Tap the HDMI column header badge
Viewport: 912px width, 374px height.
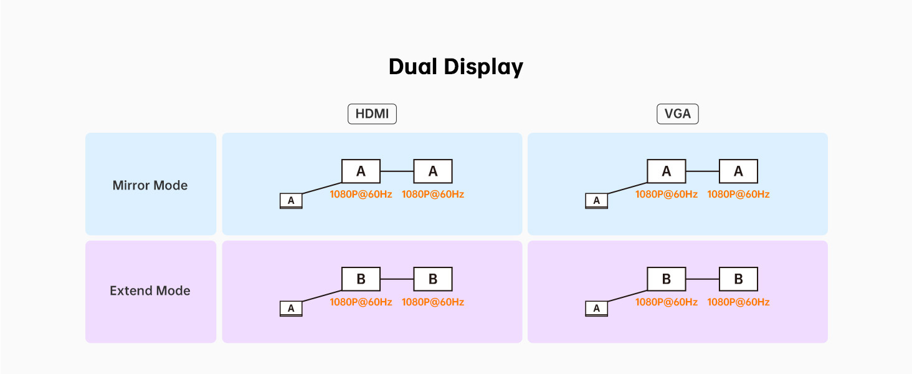(x=372, y=114)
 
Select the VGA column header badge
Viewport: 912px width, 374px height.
(x=677, y=114)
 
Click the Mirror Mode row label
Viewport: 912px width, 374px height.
(x=150, y=185)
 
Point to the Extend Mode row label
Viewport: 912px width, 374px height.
(x=150, y=290)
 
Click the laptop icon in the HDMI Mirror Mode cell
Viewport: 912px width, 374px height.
(x=291, y=201)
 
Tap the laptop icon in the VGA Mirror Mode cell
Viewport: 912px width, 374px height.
(x=596, y=201)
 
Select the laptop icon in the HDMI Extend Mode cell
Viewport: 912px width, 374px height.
(x=291, y=309)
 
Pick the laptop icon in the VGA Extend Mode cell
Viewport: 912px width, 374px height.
(x=596, y=309)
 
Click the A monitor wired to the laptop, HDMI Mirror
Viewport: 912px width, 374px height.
(x=361, y=171)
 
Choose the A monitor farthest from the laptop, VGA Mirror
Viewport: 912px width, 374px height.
(x=738, y=171)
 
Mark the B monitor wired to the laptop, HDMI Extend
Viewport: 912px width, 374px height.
(x=361, y=279)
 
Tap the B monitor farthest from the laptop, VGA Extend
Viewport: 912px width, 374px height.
(x=738, y=279)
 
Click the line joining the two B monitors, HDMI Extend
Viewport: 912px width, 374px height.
(x=397, y=279)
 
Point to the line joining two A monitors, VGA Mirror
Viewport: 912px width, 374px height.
(x=702, y=171)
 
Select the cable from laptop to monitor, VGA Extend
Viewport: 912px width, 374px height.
(x=627, y=296)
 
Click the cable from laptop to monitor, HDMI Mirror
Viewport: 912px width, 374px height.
(x=322, y=188)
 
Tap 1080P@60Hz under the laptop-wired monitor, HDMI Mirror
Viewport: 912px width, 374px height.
(x=361, y=194)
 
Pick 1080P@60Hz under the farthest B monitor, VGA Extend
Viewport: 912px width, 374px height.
(x=738, y=302)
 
